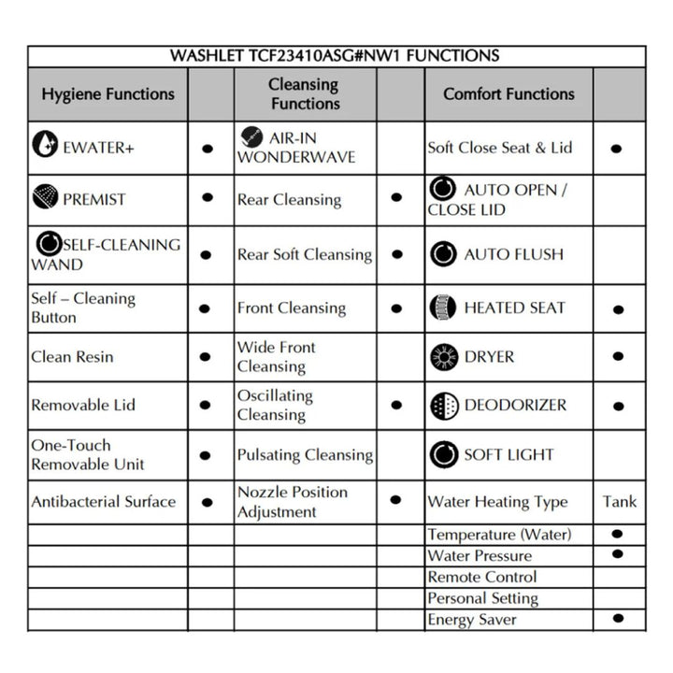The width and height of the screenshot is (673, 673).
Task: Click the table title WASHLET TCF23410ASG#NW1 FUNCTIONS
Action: (x=335, y=55)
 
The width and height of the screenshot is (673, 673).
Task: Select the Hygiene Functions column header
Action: (x=107, y=93)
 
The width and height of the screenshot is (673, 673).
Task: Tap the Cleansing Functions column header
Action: (x=304, y=93)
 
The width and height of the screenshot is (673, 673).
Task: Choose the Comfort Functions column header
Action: (x=508, y=93)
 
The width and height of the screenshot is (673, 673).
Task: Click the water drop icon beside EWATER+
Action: (x=44, y=145)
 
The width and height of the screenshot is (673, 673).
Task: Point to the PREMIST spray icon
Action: (x=45, y=197)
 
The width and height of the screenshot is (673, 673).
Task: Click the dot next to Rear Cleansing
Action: (x=396, y=198)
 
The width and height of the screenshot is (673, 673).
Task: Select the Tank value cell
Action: (x=619, y=501)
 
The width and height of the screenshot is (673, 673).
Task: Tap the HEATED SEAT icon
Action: (x=442, y=307)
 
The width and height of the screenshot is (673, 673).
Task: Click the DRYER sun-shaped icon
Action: (x=442, y=356)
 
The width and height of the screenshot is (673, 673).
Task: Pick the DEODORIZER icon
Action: (x=442, y=406)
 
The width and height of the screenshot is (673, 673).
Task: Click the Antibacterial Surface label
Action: (x=103, y=502)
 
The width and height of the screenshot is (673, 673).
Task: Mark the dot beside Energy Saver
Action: (x=617, y=618)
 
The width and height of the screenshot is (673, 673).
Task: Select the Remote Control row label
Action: (x=482, y=577)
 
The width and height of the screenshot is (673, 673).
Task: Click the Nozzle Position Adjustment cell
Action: (x=292, y=502)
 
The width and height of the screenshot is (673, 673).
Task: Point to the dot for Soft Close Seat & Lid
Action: (x=616, y=148)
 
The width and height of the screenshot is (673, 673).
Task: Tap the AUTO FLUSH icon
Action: (x=442, y=253)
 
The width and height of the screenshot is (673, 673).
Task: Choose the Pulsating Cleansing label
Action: (x=305, y=455)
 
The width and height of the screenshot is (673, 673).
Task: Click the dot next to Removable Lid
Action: (x=208, y=406)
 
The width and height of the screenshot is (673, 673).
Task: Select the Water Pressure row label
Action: (x=480, y=555)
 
